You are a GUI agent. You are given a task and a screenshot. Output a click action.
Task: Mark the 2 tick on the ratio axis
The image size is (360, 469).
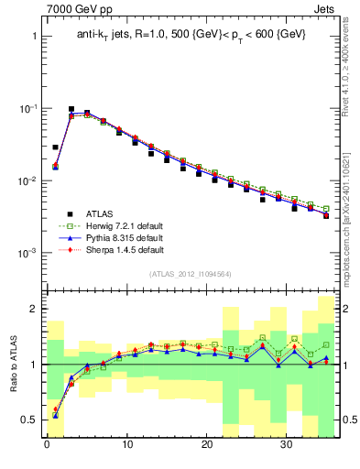click(30, 310)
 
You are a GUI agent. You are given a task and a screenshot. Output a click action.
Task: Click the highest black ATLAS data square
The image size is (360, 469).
click(71, 109)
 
